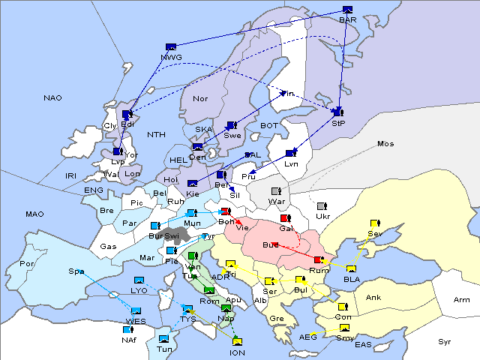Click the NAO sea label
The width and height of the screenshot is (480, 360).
tap(52, 98)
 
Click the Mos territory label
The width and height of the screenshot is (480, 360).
tap(385, 143)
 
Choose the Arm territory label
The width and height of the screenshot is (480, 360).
tap(462, 300)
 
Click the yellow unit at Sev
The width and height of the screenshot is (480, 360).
tap(375, 223)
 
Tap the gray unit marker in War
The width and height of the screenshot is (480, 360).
tap(276, 191)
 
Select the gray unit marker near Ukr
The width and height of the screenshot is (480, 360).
tap(322, 206)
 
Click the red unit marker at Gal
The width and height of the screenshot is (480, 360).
tap(285, 218)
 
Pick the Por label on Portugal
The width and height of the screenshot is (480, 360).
tap(27, 264)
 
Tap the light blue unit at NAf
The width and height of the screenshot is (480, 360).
tap(127, 329)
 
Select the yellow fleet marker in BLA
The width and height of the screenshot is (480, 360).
tap(351, 269)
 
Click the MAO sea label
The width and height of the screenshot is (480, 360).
tap(34, 214)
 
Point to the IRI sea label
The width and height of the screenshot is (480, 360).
tap(71, 175)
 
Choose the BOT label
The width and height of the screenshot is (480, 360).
tap(269, 126)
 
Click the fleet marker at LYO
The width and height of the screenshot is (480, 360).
tap(139, 280)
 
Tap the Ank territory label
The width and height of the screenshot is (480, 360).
tap(373, 298)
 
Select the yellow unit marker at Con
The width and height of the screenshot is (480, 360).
tap(343, 307)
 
